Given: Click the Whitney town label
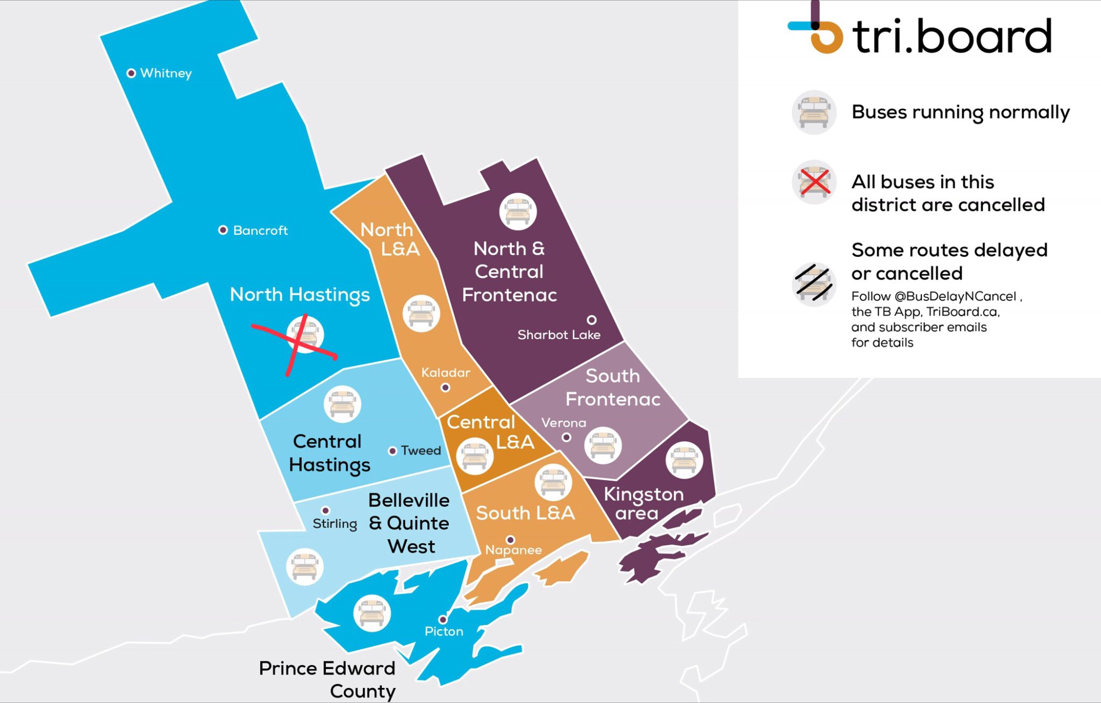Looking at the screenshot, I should pos(166,73).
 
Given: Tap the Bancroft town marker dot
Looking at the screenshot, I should pos(223,230).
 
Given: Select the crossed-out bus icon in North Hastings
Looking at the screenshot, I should pos(305,335).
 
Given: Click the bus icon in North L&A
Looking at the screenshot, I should pos(421,313).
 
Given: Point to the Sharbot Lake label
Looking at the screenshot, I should pos(559,335).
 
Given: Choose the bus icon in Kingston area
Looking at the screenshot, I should pos(684,460).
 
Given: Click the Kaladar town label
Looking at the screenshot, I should pos(445,372).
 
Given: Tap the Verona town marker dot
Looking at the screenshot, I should pos(566,437).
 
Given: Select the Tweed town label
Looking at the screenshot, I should pos(420,450).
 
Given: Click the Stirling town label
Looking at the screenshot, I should pos(334,523).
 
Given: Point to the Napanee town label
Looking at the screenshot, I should pos(513,550).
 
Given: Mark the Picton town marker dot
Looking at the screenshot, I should pos(443,619).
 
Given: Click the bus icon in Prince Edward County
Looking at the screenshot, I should pos(371,613).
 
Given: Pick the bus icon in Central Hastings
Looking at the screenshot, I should pos(342,404).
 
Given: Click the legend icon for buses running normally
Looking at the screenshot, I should pos(814,112).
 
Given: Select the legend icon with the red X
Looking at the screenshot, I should pos(814,182).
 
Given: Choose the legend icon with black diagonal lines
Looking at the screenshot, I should pos(814,284).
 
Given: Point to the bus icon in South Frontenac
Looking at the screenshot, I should pos(603,446).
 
